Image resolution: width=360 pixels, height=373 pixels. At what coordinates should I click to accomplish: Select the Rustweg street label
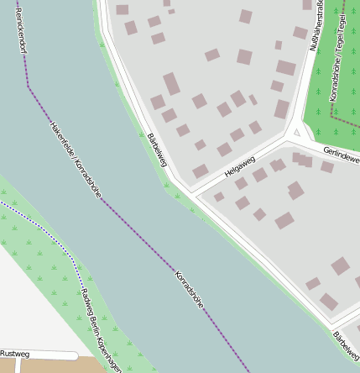click(x=15, y=354)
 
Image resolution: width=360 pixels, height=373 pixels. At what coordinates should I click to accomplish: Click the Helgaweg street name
click(x=239, y=165)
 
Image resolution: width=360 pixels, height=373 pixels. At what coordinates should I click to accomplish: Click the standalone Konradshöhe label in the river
click(x=190, y=290)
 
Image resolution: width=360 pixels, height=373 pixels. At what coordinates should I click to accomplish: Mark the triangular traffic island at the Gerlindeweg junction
click(x=295, y=133)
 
